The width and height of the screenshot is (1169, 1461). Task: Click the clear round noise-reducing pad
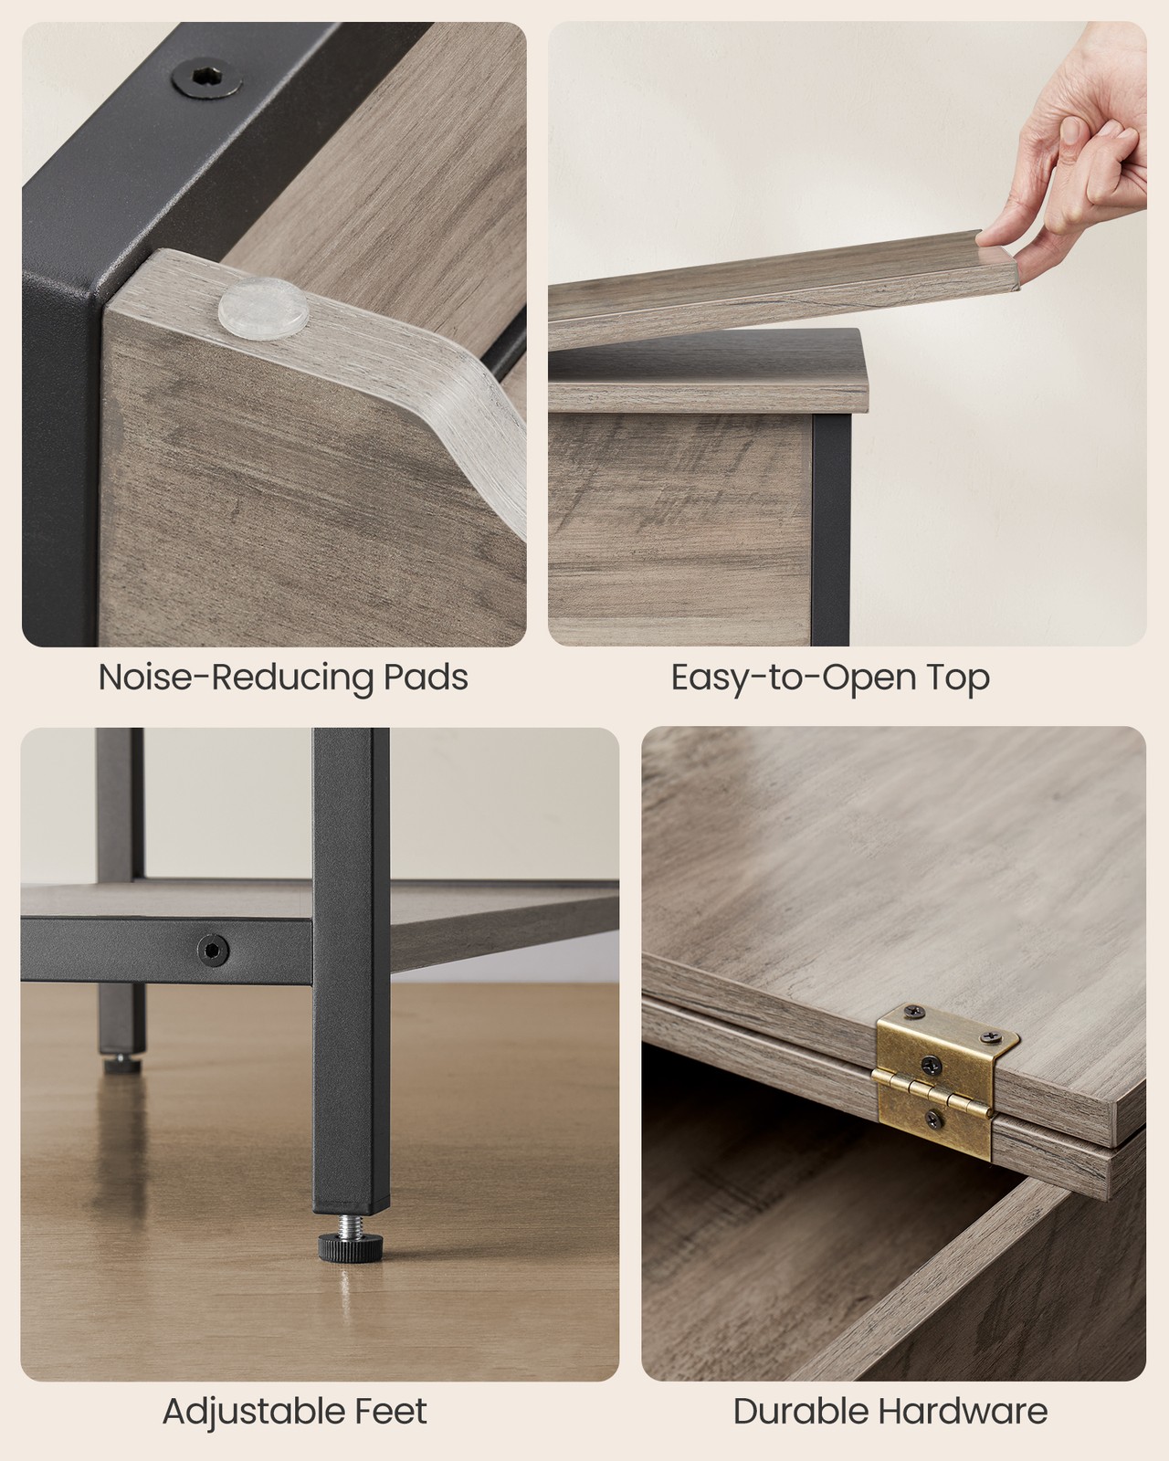[264, 311]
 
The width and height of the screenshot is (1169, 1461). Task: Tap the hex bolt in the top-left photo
[207, 79]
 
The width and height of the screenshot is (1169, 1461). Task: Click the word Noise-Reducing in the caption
[235, 677]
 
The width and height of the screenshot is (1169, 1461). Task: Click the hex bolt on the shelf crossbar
[213, 949]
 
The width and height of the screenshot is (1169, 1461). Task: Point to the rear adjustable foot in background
[123, 1064]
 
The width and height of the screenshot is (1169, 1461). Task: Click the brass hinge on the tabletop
[945, 1080]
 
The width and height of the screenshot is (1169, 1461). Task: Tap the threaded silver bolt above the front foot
[351, 1224]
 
